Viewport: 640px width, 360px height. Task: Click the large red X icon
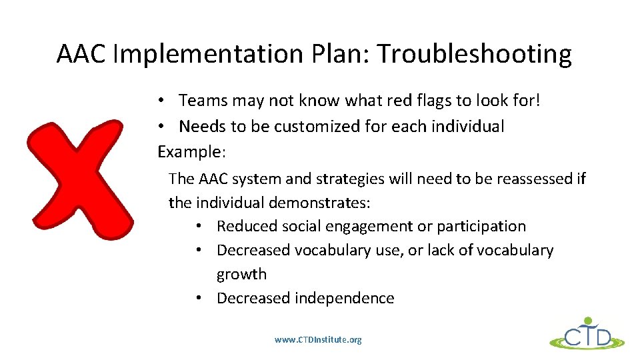(x=75, y=179)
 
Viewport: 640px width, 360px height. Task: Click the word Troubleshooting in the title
(x=474, y=54)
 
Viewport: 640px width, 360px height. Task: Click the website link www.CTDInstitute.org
(x=318, y=340)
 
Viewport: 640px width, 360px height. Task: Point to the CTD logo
(x=587, y=334)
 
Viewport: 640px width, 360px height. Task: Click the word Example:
(x=192, y=151)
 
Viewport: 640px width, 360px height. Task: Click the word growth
(x=241, y=274)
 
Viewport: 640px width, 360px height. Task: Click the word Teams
(x=203, y=101)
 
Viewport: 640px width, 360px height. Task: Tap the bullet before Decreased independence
(x=200, y=298)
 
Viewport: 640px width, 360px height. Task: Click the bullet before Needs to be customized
(x=162, y=126)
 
